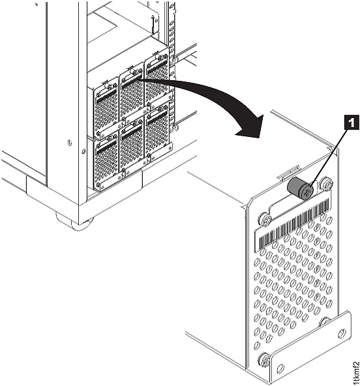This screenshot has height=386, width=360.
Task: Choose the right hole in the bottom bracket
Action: tap(340, 333)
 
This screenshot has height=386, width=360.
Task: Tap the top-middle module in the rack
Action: tap(131, 91)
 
